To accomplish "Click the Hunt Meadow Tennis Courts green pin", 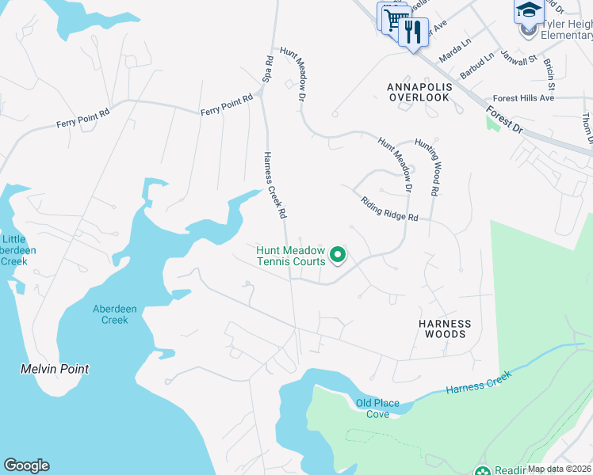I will click(338, 254).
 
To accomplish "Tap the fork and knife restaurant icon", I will click(412, 32).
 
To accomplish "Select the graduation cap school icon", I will click(529, 11).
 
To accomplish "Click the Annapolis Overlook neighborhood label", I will click(419, 91).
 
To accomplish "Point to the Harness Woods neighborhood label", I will click(445, 329).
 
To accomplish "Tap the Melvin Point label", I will click(55, 369).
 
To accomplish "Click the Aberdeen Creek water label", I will click(110, 314).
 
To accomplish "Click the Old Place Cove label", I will click(377, 408).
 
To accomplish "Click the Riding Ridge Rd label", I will click(388, 210).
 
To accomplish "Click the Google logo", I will click(26, 465).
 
